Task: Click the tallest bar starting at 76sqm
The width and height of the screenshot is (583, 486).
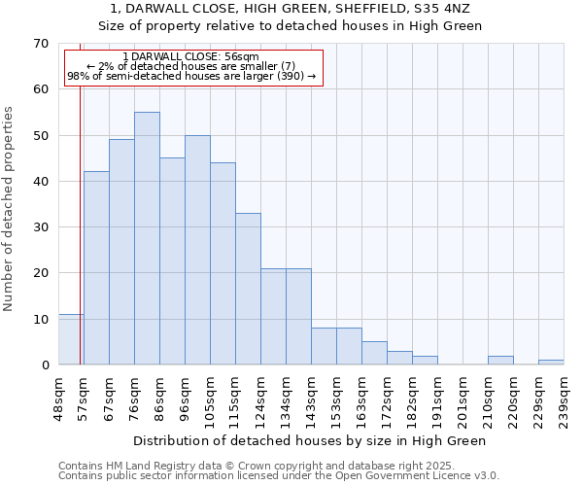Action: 147,238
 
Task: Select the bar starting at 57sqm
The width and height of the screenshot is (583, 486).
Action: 96,268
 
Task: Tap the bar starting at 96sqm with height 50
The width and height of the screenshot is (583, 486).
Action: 197,250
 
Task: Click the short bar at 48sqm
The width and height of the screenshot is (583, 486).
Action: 71,339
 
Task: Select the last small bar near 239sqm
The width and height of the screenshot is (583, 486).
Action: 551,363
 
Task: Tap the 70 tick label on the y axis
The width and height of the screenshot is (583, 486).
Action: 40,44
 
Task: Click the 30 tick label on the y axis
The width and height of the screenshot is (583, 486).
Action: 40,227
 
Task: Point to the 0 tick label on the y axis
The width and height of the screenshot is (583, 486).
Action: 44,365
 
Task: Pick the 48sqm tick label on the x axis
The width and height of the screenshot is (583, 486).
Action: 59,397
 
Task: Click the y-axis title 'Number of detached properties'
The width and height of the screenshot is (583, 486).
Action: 10,209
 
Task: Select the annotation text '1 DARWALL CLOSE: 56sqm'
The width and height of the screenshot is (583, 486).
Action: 191,57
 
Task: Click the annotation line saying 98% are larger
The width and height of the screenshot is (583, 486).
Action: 191,76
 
